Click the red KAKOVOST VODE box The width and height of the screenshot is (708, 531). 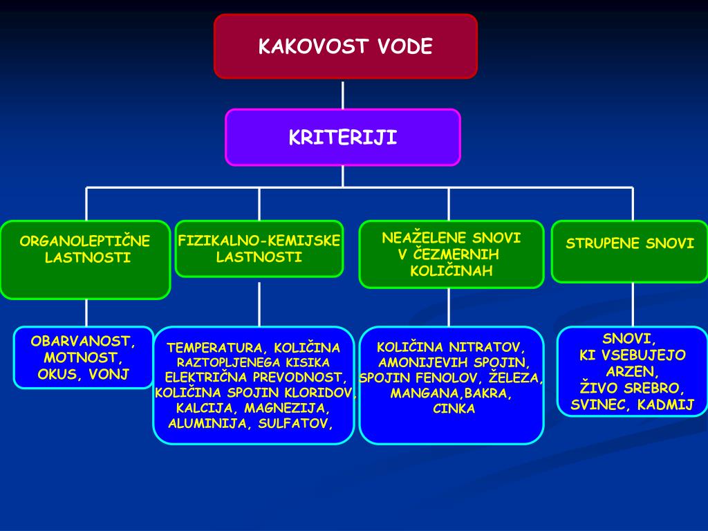coord(345,46)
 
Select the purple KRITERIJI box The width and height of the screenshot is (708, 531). coord(342,137)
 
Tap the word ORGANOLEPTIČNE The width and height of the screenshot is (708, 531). coord(85,241)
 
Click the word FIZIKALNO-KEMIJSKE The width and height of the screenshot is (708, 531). coord(259,241)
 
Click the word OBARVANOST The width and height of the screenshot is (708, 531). coord(82,341)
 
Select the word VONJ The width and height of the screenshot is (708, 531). coord(114,375)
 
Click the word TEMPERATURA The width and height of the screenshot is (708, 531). coord(216,347)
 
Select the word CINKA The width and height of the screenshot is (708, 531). coord(454,409)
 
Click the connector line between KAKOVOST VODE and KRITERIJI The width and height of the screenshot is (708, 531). coord(343,94)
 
